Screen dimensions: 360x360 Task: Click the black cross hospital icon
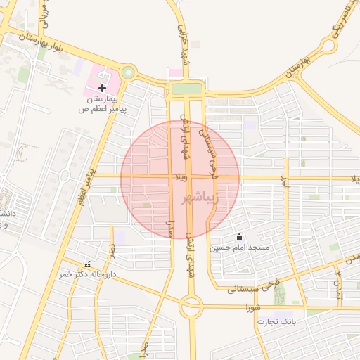[103, 89]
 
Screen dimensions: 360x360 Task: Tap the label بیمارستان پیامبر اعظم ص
[103, 105]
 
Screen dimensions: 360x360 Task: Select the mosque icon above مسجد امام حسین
[239, 237]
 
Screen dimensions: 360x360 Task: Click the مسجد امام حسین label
[239, 248]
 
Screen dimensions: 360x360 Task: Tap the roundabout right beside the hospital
[128, 72]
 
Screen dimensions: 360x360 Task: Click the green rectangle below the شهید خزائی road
[186, 89]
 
